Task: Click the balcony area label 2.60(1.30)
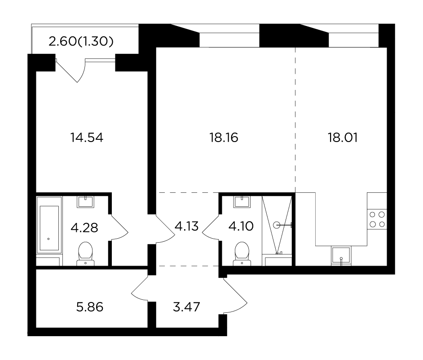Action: [x=81, y=42]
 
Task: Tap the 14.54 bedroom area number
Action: [x=87, y=138]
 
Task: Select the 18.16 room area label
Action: [x=224, y=138]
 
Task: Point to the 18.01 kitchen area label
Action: [x=343, y=138]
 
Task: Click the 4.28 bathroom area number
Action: [x=84, y=228]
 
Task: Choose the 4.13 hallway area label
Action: [x=187, y=226]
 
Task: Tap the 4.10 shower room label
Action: [x=241, y=226]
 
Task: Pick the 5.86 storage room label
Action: [x=90, y=307]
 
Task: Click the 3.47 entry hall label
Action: [x=186, y=307]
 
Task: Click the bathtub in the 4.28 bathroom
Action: [x=49, y=225]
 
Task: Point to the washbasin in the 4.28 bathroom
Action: [x=85, y=202]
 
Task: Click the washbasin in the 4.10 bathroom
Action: [x=242, y=202]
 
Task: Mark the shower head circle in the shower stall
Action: [x=277, y=225]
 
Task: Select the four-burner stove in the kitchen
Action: [x=377, y=219]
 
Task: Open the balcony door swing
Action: [x=70, y=70]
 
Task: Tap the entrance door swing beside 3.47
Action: [x=235, y=296]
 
